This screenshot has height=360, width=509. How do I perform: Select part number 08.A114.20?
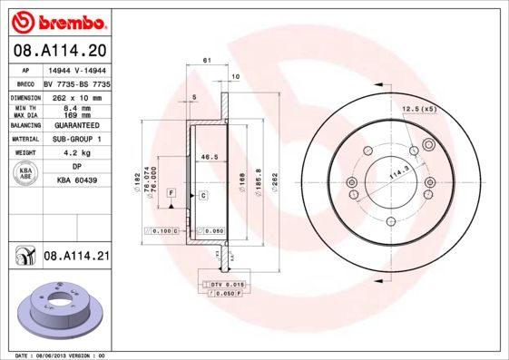click(x=59, y=52)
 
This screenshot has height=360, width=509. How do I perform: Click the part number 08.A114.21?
click(x=76, y=258)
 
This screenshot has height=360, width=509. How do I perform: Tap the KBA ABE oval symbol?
click(x=26, y=174)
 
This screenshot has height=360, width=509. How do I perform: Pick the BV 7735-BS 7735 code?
click(x=78, y=82)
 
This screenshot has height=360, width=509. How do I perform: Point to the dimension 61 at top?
click(x=207, y=60)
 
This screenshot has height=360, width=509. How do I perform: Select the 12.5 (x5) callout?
click(x=418, y=110)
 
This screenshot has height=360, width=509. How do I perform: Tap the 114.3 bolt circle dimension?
click(x=397, y=172)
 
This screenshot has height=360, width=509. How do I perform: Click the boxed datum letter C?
click(x=203, y=195)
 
